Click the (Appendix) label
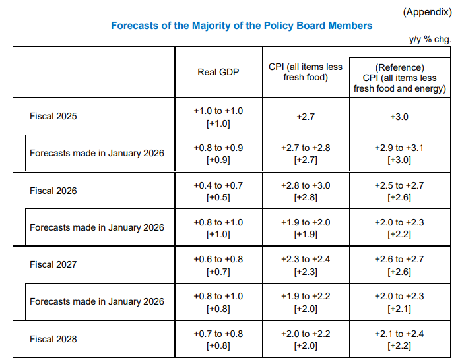click(x=427, y=11)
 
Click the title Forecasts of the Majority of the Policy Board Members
click(x=242, y=26)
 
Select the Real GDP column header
click(x=218, y=72)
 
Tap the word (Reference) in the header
click(x=400, y=67)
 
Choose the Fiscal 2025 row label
click(x=53, y=117)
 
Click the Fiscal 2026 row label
click(x=53, y=191)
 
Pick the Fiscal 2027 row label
click(x=53, y=264)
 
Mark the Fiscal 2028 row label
click(x=53, y=339)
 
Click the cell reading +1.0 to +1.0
click(x=218, y=111)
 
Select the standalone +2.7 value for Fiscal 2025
click(x=306, y=117)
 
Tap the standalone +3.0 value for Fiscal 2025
click(x=400, y=117)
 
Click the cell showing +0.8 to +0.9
click(x=218, y=148)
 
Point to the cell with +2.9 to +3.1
click(x=400, y=148)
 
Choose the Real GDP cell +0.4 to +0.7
click(x=218, y=185)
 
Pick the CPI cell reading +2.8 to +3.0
click(x=306, y=185)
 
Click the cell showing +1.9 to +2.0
click(x=306, y=222)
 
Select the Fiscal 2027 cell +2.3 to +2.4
click(x=306, y=259)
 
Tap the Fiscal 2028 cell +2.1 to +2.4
click(x=400, y=334)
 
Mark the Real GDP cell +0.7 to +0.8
click(x=218, y=334)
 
